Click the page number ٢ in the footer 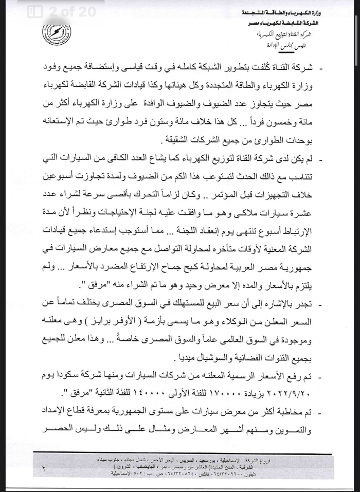[43, 468]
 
